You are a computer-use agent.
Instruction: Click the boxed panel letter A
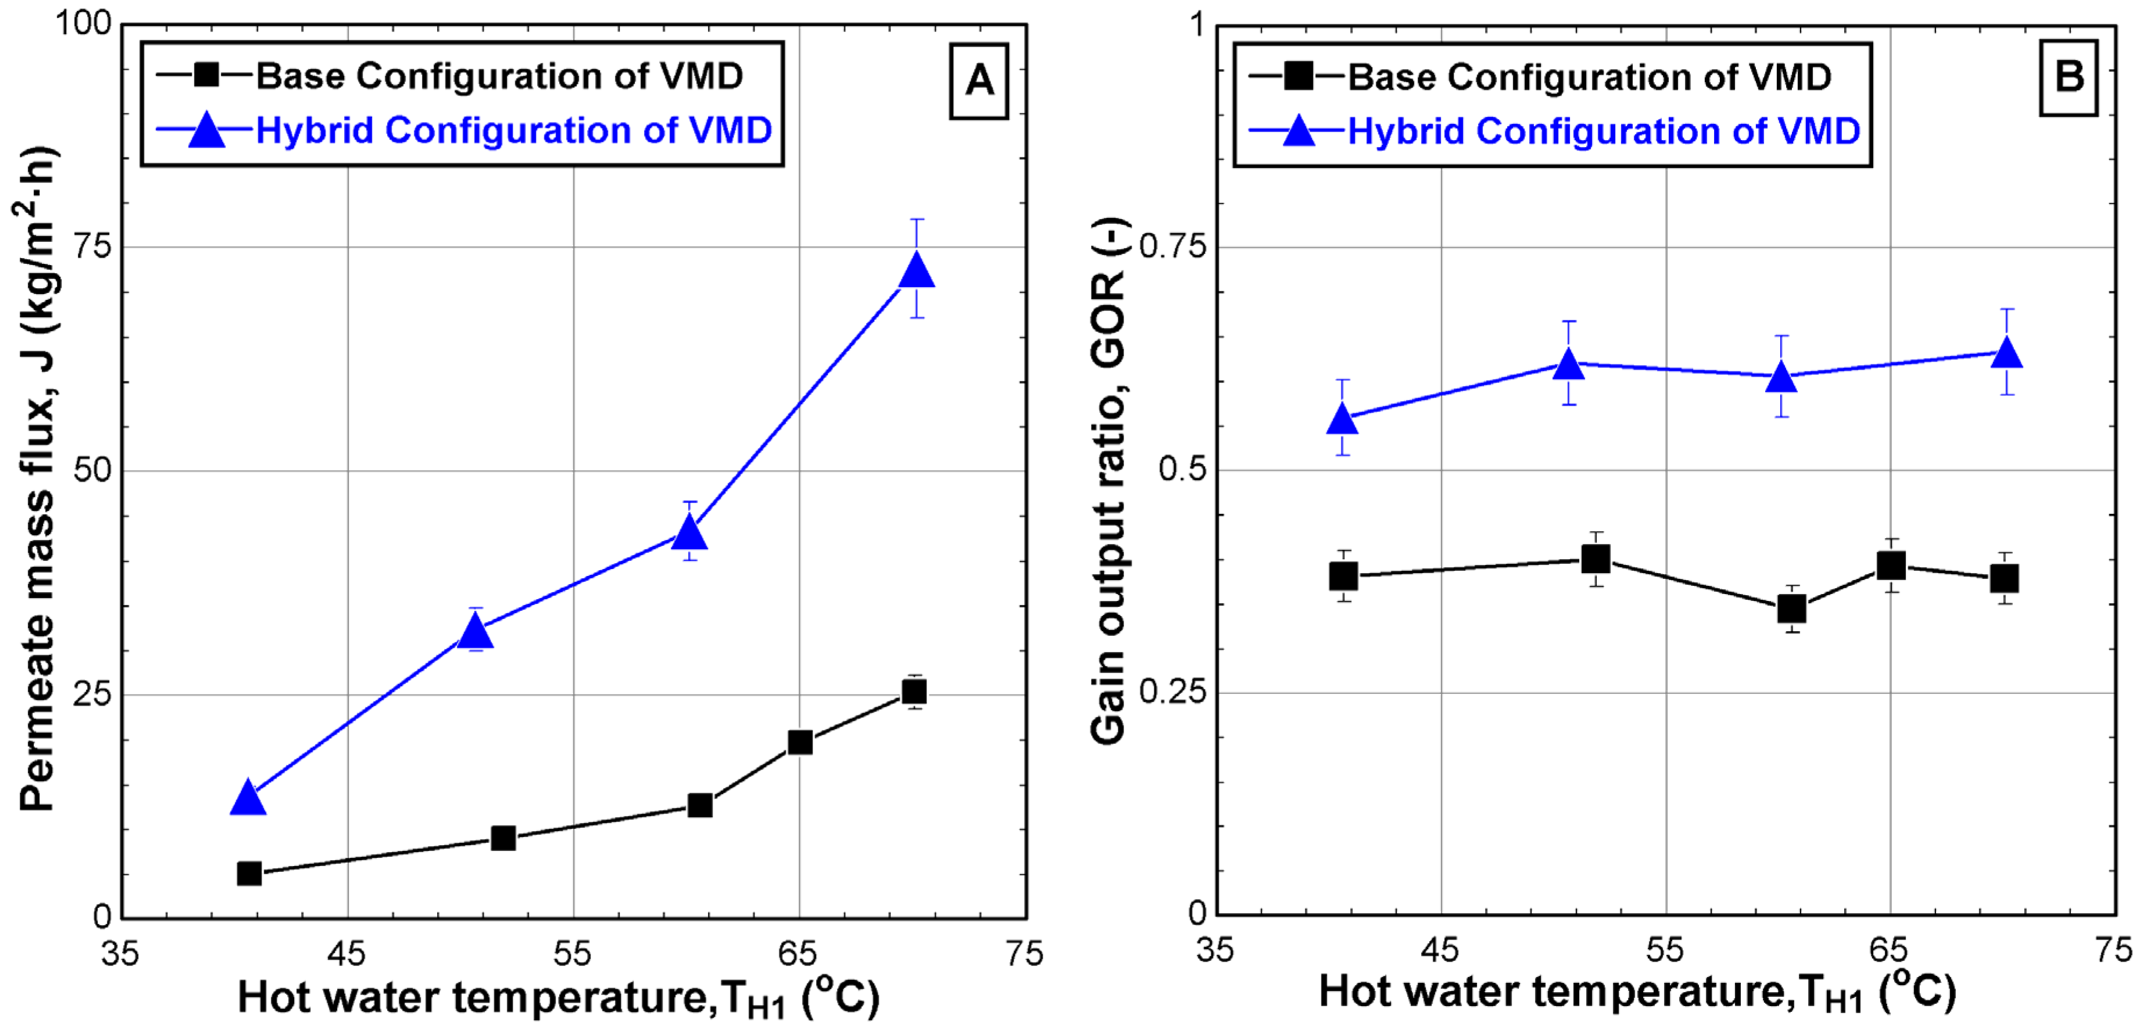(979, 81)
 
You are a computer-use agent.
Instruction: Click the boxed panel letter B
(2069, 77)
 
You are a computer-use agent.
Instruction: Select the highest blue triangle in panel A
(917, 270)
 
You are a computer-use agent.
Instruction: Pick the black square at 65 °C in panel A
(799, 742)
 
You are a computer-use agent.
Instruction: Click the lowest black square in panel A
(249, 873)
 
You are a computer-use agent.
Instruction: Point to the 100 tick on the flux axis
(83, 23)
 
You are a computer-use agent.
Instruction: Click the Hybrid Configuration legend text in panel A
(513, 131)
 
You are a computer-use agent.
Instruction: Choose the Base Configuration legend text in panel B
(1589, 77)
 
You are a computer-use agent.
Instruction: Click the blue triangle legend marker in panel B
(1298, 131)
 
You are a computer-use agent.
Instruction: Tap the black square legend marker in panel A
(206, 75)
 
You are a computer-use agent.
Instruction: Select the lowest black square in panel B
(1791, 609)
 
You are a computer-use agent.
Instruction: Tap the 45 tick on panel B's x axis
(1440, 950)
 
